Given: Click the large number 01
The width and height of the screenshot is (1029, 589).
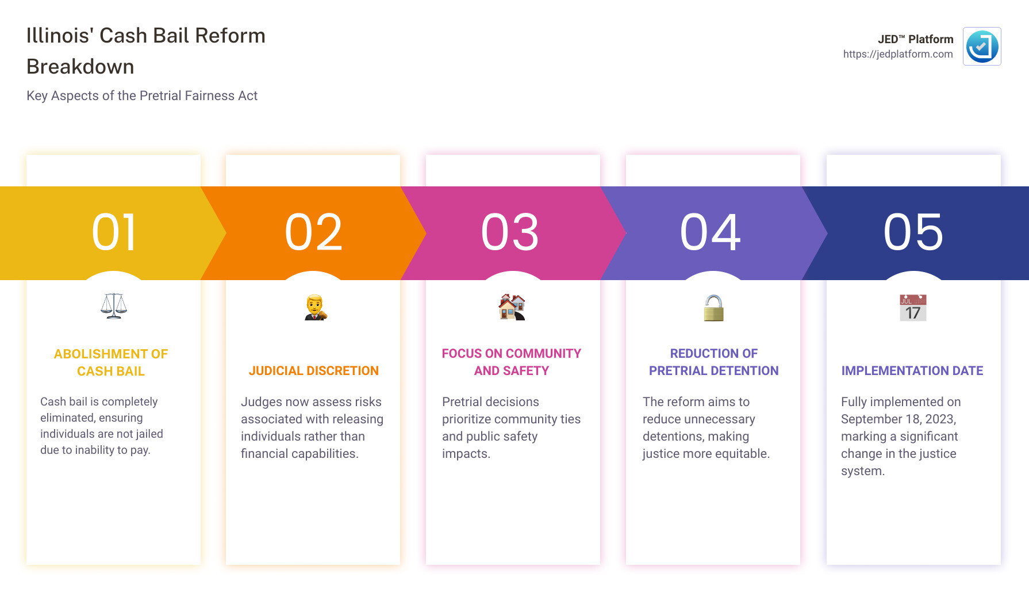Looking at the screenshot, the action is point(114,232).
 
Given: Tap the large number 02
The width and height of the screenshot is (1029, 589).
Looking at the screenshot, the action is point(313,232).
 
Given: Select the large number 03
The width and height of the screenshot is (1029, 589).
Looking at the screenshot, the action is point(510,232).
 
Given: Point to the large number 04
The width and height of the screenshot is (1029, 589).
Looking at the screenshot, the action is point(711,232).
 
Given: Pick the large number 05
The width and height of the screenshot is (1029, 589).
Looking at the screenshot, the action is point(913,232).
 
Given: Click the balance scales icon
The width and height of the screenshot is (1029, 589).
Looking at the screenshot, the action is point(114,306).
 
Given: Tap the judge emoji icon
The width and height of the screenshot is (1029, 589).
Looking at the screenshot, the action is point(315,307).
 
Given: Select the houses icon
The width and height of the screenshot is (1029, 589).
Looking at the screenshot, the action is point(512,307).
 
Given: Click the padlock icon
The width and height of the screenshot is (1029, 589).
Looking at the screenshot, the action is point(713,308).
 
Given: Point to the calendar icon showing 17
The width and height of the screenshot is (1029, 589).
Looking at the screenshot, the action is point(913,308).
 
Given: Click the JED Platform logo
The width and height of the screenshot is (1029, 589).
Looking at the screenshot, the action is point(982,47).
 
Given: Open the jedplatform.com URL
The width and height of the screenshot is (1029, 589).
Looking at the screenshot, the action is point(898,54).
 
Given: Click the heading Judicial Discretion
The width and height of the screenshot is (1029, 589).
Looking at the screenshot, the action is point(314,371).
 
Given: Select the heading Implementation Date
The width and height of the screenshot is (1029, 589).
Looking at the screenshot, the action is point(912,371).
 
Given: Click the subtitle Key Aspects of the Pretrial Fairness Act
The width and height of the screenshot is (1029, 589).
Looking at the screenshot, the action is point(142,95).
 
